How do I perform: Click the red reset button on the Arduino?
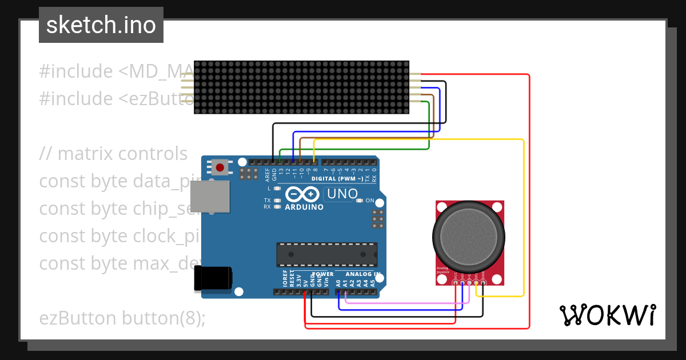tap(220, 167)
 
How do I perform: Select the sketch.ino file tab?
tap(101, 25)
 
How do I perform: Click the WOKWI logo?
tap(607, 315)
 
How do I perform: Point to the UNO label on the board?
tap(341, 194)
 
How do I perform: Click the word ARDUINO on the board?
tap(304, 207)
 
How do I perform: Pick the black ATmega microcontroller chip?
tap(327, 254)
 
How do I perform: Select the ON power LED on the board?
tap(360, 201)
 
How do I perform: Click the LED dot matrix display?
tap(301, 87)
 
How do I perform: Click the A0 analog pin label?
tap(338, 282)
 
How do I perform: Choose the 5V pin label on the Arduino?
tap(305, 282)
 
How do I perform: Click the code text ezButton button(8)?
tap(122, 318)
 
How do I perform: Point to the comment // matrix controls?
tap(113, 154)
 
